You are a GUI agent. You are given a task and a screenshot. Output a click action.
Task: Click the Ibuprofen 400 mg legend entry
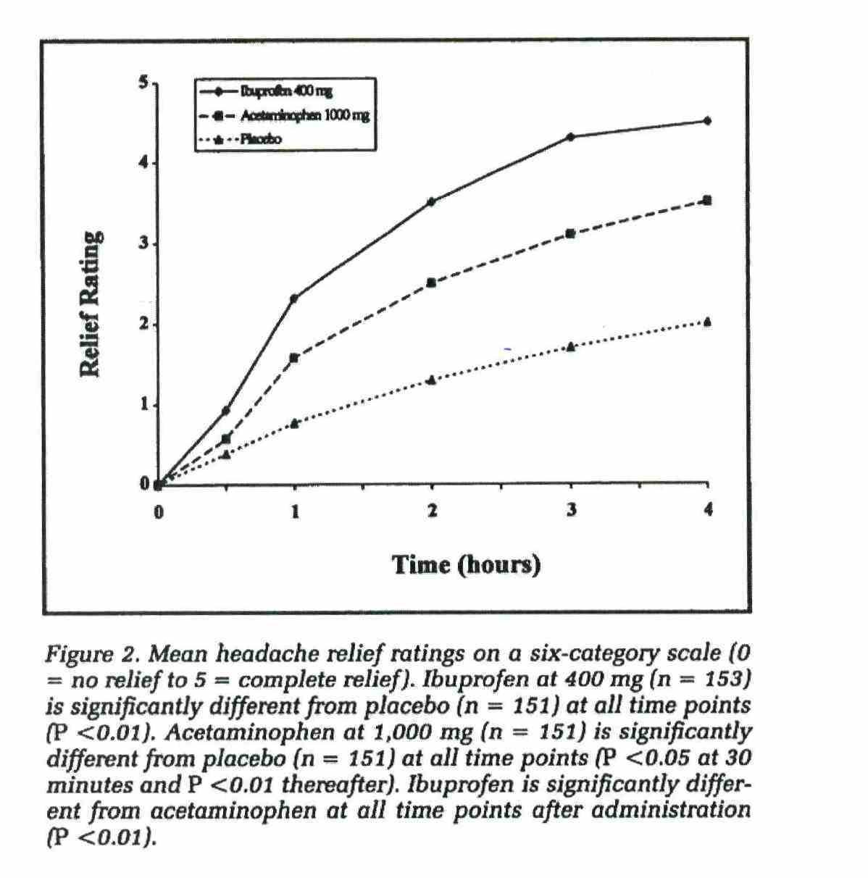pyautogui.click(x=266, y=91)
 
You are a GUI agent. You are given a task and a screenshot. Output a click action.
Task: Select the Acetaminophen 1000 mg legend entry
pyautogui.click(x=285, y=115)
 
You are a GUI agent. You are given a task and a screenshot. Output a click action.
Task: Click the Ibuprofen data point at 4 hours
pyautogui.click(x=708, y=121)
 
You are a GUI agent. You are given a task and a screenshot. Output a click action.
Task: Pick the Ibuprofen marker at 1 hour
pyautogui.click(x=294, y=298)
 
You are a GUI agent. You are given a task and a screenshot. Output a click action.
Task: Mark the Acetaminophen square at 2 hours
pyautogui.click(x=431, y=283)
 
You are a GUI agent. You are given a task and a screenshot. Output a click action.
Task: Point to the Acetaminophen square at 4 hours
pyautogui.click(x=708, y=201)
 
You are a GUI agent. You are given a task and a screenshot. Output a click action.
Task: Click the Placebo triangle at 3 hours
pyautogui.click(x=570, y=347)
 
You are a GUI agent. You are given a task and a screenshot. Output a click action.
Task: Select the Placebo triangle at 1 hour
pyautogui.click(x=294, y=424)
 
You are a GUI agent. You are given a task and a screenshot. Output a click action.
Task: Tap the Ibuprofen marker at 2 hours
pyautogui.click(x=432, y=201)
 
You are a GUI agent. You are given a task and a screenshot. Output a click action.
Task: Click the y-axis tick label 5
pyautogui.click(x=144, y=83)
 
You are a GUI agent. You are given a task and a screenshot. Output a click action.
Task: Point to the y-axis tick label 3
pyautogui.click(x=144, y=243)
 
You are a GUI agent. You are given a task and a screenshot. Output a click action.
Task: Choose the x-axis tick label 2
pyautogui.click(x=432, y=510)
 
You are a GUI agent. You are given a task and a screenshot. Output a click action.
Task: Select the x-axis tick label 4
pyautogui.click(x=708, y=509)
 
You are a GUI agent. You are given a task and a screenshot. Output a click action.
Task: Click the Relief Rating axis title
pyautogui.click(x=91, y=304)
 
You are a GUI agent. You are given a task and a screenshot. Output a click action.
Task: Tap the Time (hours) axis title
pyautogui.click(x=467, y=565)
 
